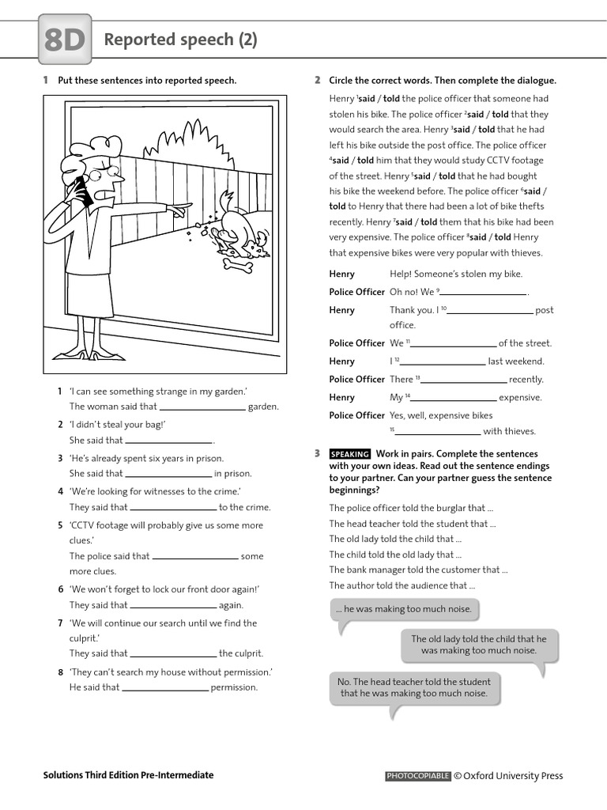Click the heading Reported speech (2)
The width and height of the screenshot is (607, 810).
[x=181, y=40]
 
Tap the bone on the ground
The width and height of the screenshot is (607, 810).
[x=238, y=266]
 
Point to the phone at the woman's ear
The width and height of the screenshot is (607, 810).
[x=81, y=192]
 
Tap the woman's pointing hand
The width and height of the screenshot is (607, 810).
[x=179, y=209]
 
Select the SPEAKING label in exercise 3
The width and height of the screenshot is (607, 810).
[x=349, y=454]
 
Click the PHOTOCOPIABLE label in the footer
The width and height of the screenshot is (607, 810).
[x=418, y=776]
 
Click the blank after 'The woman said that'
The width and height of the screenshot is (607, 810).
[x=202, y=407]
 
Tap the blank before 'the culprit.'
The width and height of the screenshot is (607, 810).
[x=173, y=654]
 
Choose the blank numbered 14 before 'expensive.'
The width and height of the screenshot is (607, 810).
[x=453, y=398]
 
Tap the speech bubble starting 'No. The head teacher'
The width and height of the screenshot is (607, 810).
[x=413, y=687]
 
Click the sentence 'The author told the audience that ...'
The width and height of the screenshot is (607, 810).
[x=402, y=586]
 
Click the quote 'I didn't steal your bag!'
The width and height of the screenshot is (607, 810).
[x=117, y=425]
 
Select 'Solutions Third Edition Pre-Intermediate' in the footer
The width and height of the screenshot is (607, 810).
[x=128, y=775]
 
